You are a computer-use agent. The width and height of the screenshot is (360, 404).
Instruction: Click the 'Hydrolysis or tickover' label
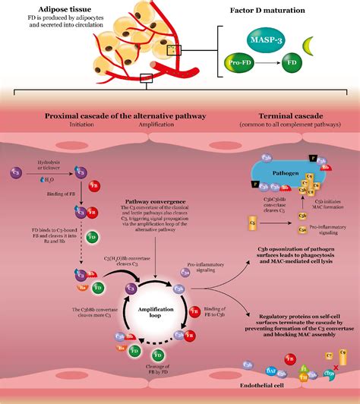click(47, 164)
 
